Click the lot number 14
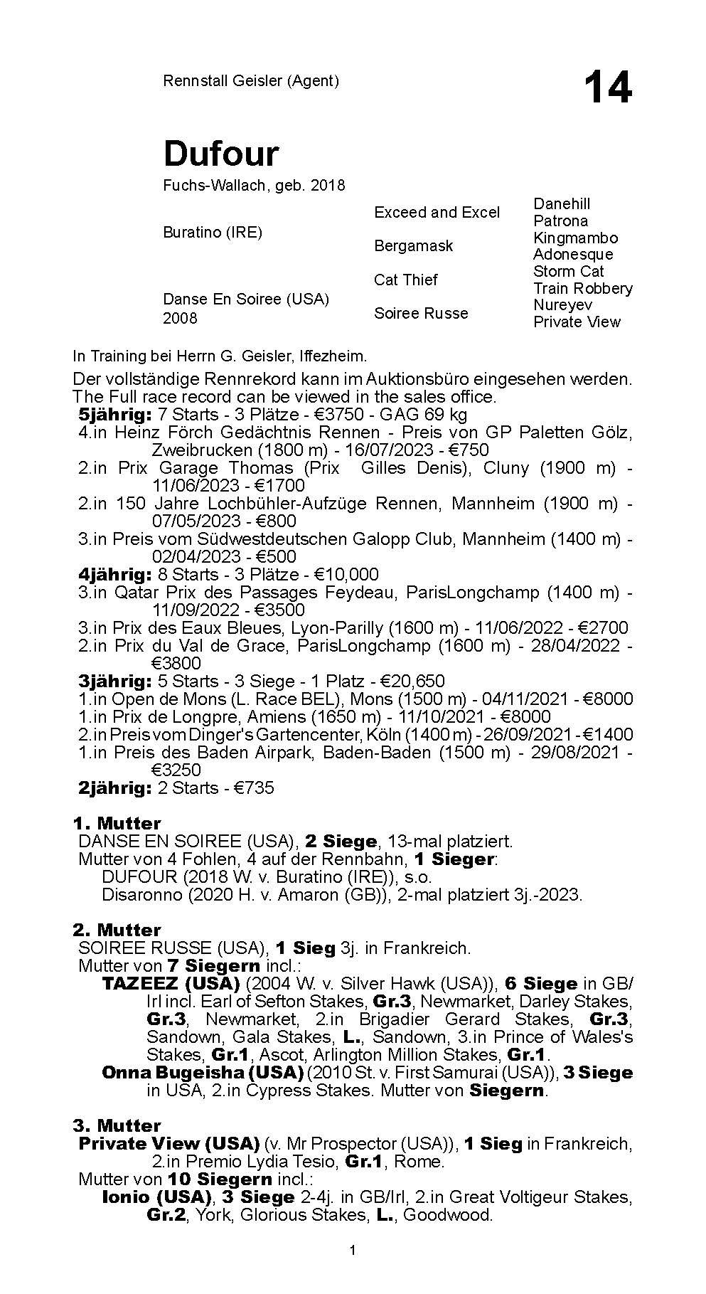(607, 88)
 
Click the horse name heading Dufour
(221, 153)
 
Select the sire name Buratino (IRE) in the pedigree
(213, 233)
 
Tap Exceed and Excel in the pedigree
(437, 212)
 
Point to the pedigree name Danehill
(562, 204)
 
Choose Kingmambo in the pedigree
(575, 238)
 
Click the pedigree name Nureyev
(562, 304)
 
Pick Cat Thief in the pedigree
(405, 280)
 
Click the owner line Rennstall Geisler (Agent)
(250, 80)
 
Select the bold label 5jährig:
(114, 414)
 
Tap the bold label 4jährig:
(114, 574)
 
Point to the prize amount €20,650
(413, 681)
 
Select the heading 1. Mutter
(117, 823)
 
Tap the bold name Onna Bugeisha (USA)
(203, 1072)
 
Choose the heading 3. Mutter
(117, 1125)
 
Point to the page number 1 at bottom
(353, 1271)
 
